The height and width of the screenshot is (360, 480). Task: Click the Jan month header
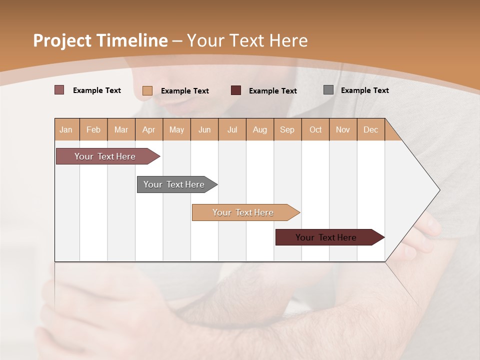(66, 129)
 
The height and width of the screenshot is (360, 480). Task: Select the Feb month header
(93, 129)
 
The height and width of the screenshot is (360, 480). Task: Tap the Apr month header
(148, 129)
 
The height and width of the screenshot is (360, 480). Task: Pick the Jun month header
(204, 129)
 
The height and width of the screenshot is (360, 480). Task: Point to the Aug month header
(259, 129)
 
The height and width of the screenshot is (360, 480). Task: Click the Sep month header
(287, 129)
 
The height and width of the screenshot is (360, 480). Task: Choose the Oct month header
(315, 129)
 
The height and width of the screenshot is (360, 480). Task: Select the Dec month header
(370, 129)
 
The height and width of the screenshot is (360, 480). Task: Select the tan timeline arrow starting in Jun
(243, 212)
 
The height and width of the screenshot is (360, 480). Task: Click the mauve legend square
(59, 90)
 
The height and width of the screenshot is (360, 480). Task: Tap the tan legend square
(147, 90)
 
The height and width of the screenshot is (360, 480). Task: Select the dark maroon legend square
(236, 90)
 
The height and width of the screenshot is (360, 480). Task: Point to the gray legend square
(328, 90)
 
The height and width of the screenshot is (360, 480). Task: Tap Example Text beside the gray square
(364, 90)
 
